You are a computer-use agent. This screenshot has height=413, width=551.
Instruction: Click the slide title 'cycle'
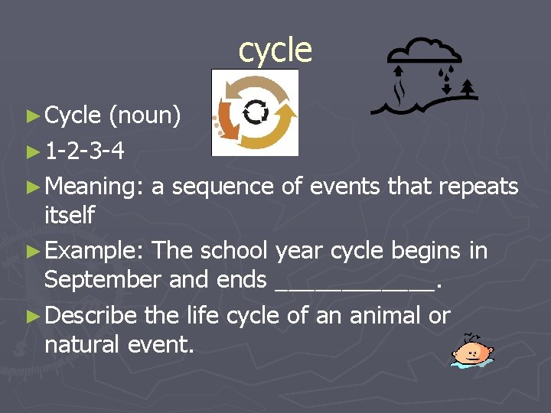pos(275,50)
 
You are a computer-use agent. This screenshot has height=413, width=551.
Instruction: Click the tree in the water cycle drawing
pos(468,89)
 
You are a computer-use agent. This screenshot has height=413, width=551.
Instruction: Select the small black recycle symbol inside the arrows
pos(255,112)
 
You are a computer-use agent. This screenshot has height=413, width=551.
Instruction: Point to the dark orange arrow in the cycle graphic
pos(227,119)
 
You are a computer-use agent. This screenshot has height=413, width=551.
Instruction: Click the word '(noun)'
pos(145,115)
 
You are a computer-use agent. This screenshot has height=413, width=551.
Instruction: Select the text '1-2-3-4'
pos(84,151)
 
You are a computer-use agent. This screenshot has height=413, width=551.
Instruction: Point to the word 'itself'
pos(69,216)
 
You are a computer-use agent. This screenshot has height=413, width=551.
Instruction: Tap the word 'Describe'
pos(90,315)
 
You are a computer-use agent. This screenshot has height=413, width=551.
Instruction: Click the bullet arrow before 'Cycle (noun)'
pos(31,116)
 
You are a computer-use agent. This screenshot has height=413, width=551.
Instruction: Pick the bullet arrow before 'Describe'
pos(31,316)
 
